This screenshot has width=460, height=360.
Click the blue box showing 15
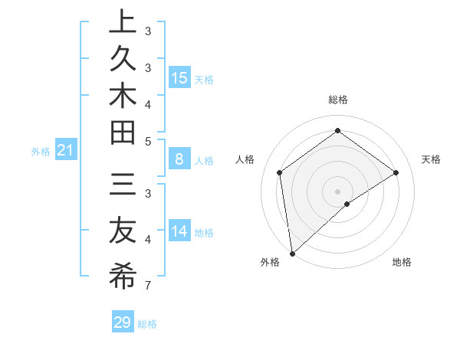coord(179,77)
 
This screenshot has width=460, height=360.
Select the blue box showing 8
coord(179,160)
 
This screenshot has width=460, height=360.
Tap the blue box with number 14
coord(179,231)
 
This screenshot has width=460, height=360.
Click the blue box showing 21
coord(66,151)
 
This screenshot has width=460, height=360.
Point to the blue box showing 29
coord(123,322)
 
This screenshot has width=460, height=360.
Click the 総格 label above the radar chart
coord(337,100)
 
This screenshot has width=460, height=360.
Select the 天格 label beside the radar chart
coord(431,159)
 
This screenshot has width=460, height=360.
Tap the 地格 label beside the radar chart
coord(402,262)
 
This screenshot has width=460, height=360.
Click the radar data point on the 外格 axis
coord(291,253)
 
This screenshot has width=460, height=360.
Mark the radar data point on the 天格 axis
coord(396,172)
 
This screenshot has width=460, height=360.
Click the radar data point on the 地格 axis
coord(347,204)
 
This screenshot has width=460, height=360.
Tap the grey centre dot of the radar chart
coord(337,191)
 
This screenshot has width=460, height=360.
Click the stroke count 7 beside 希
coord(146,286)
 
